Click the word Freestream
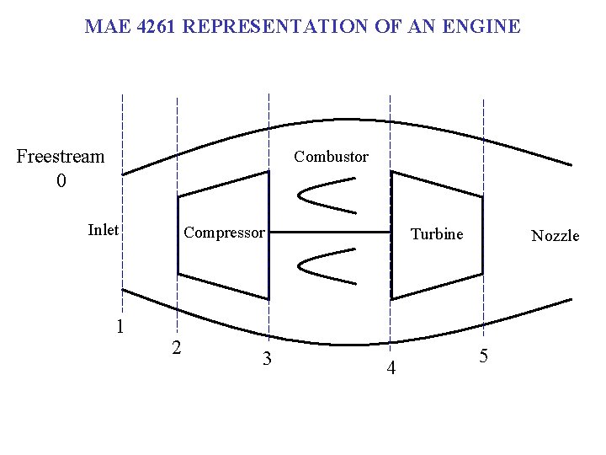click(x=61, y=157)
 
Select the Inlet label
click(x=104, y=230)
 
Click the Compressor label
click(x=224, y=233)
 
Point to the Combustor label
click(x=331, y=157)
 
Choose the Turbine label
click(x=437, y=234)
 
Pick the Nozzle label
click(x=555, y=236)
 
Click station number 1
click(x=120, y=326)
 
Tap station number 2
click(x=175, y=347)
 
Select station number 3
click(x=266, y=359)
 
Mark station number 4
click(x=391, y=368)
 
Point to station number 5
click(x=483, y=356)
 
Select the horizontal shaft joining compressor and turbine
click(x=330, y=232)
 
